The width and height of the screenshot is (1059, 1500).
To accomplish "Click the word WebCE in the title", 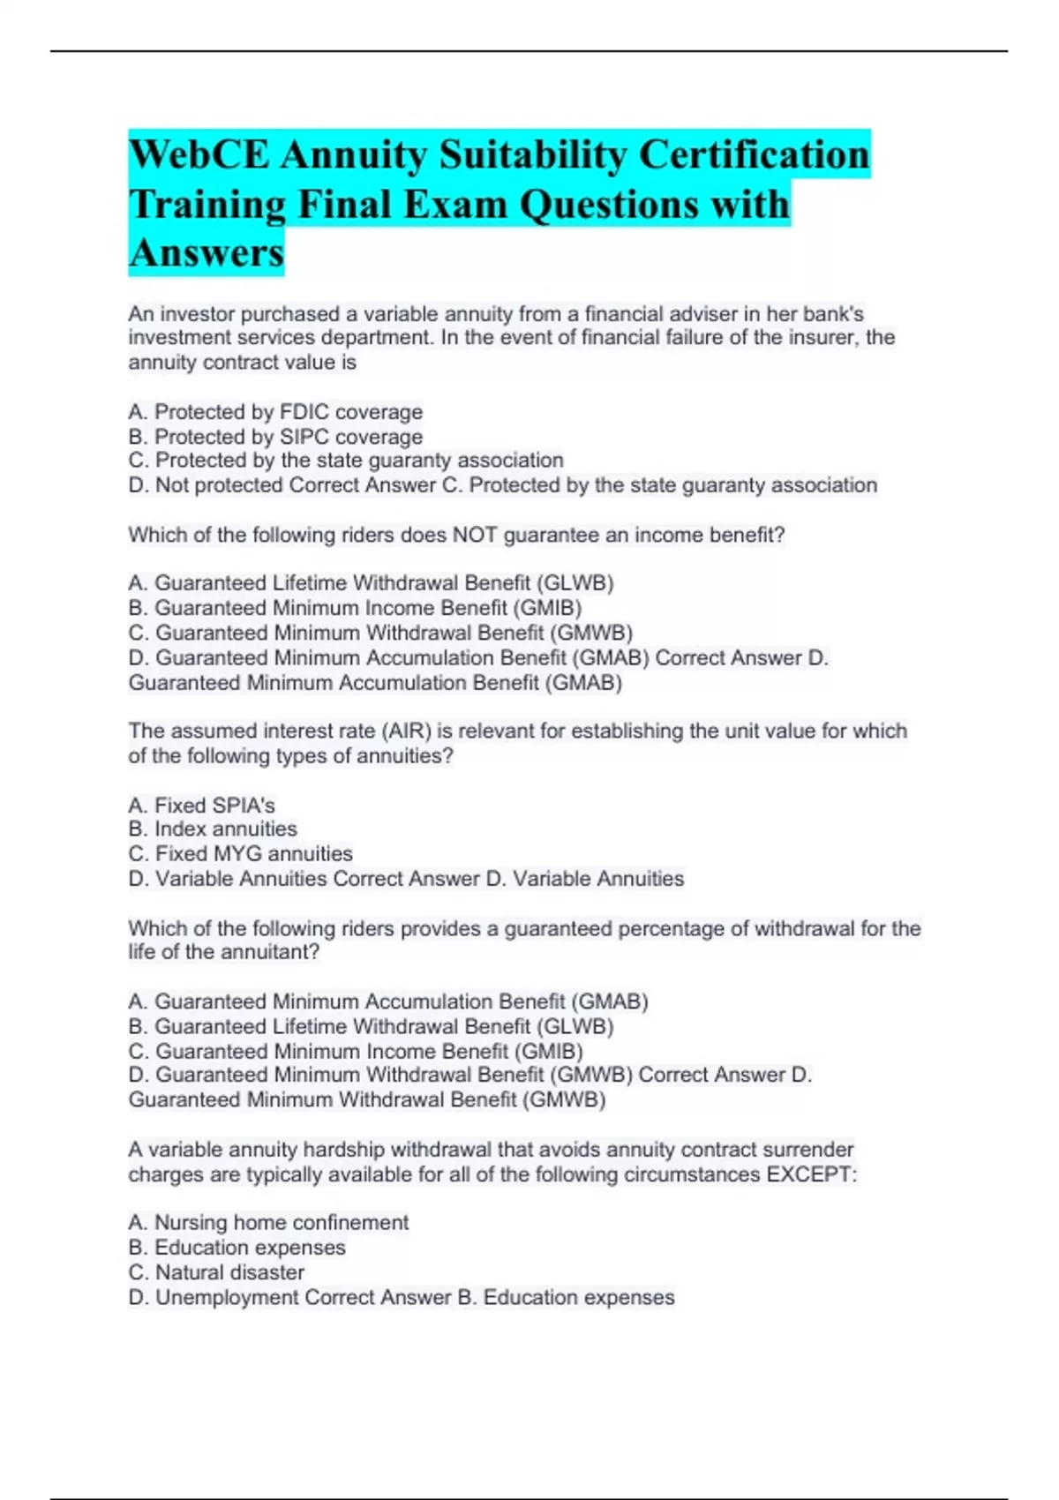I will point(199,155).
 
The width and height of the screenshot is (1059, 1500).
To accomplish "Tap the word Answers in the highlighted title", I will point(207,253).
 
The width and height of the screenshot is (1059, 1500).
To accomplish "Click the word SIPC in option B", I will point(304,437).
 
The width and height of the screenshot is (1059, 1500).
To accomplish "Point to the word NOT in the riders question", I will point(476,535).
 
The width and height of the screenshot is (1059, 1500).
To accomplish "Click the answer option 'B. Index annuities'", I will point(213,829).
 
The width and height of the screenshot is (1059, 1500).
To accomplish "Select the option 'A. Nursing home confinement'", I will point(268,1223).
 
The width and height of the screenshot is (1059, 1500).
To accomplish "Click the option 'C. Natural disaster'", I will point(216,1272).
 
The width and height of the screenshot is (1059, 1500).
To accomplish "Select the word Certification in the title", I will point(755,155).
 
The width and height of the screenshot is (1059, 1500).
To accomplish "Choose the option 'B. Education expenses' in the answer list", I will point(237,1248).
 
